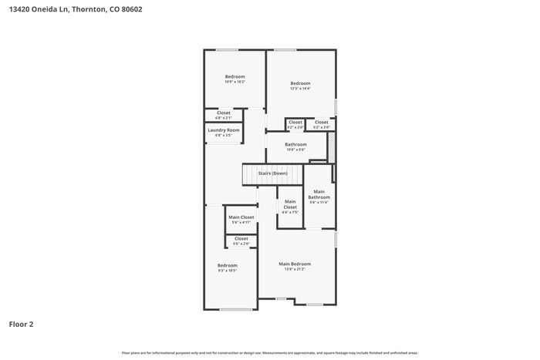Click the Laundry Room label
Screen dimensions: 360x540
coord(223,130)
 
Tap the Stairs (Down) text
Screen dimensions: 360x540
coord(272,173)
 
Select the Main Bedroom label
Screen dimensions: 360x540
coord(295,264)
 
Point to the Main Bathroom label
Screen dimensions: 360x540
coord(319,194)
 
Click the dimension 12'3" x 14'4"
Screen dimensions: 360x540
coord(300,89)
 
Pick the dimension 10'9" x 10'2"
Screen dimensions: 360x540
coord(235,82)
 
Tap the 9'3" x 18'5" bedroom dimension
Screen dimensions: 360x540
coord(227,271)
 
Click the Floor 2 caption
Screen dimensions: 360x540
coord(21,324)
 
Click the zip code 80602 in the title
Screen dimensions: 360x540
coord(132,10)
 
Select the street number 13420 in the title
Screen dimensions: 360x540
coord(18,10)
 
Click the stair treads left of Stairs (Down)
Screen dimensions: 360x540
coord(250,174)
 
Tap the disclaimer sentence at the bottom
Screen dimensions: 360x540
coord(269,352)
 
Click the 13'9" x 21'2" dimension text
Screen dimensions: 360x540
coord(295,270)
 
